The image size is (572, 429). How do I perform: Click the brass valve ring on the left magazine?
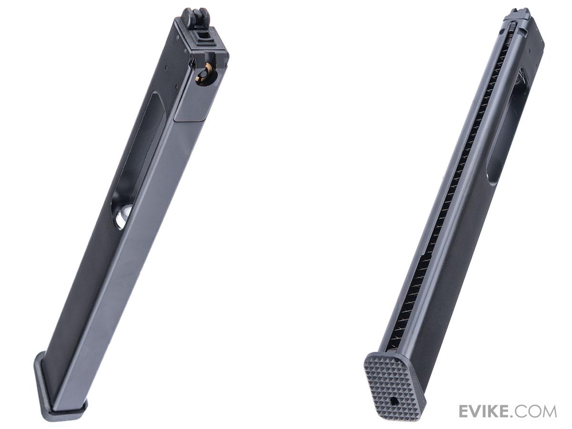tap(202, 77)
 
